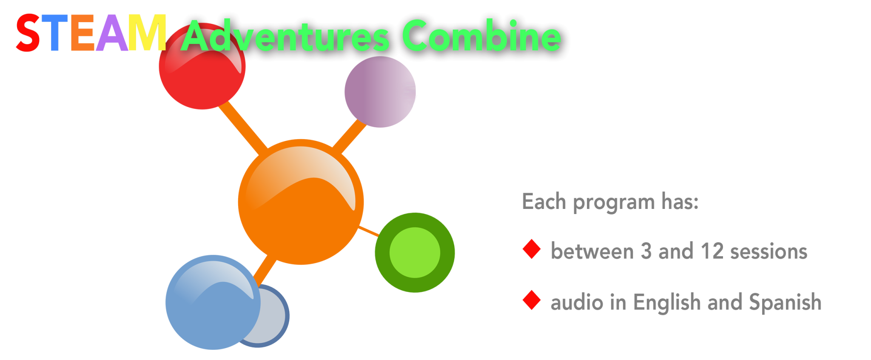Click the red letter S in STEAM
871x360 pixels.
click(x=28, y=33)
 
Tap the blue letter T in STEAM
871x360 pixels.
click(x=54, y=33)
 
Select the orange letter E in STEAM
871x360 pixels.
click(x=82, y=33)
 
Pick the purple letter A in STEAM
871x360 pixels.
click(x=111, y=33)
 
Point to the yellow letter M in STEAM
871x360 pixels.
click(x=147, y=33)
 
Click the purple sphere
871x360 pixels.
click(x=380, y=92)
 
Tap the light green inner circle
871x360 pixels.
click(x=415, y=252)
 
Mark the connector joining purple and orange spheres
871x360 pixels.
click(x=349, y=137)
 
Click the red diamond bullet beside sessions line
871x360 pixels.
click(x=531, y=249)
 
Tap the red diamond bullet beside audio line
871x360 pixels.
click(x=531, y=300)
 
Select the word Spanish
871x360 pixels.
click(x=785, y=302)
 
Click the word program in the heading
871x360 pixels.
click(x=614, y=203)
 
